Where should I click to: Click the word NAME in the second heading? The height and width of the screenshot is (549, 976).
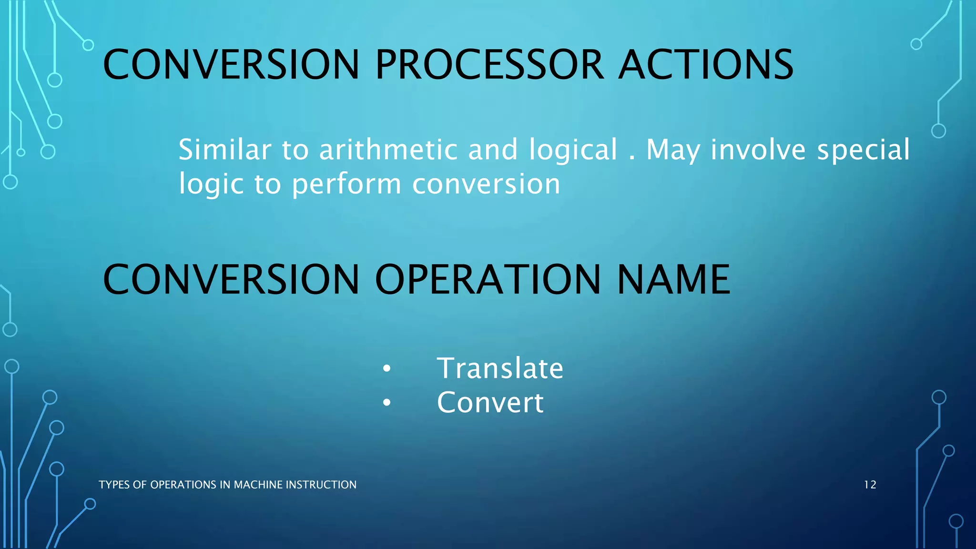click(x=673, y=280)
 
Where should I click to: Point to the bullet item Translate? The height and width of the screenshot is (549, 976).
click(x=500, y=368)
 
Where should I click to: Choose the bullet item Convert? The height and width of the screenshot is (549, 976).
click(x=490, y=403)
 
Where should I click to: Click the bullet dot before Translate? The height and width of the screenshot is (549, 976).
click(x=386, y=369)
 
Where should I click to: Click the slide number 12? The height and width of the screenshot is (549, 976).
click(x=870, y=485)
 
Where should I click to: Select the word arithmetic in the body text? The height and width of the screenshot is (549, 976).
click(x=388, y=150)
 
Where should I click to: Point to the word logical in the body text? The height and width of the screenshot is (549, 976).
click(x=573, y=150)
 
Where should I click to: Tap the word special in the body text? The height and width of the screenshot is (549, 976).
click(x=863, y=150)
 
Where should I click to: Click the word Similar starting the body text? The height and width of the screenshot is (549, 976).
click(x=224, y=150)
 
